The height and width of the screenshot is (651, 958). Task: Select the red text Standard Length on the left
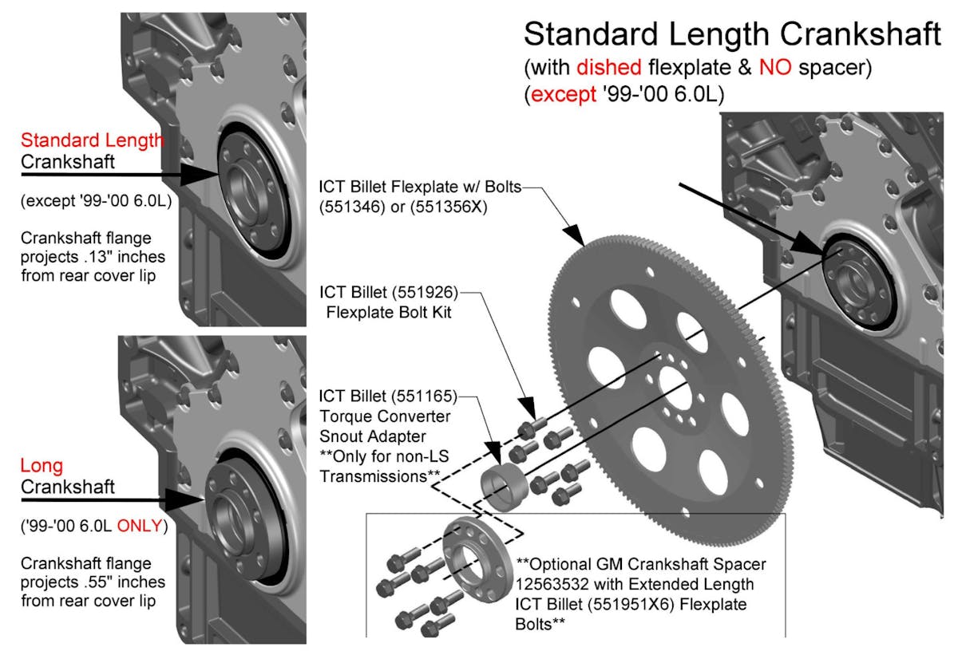93,140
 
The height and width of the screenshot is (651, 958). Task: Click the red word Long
42,466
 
